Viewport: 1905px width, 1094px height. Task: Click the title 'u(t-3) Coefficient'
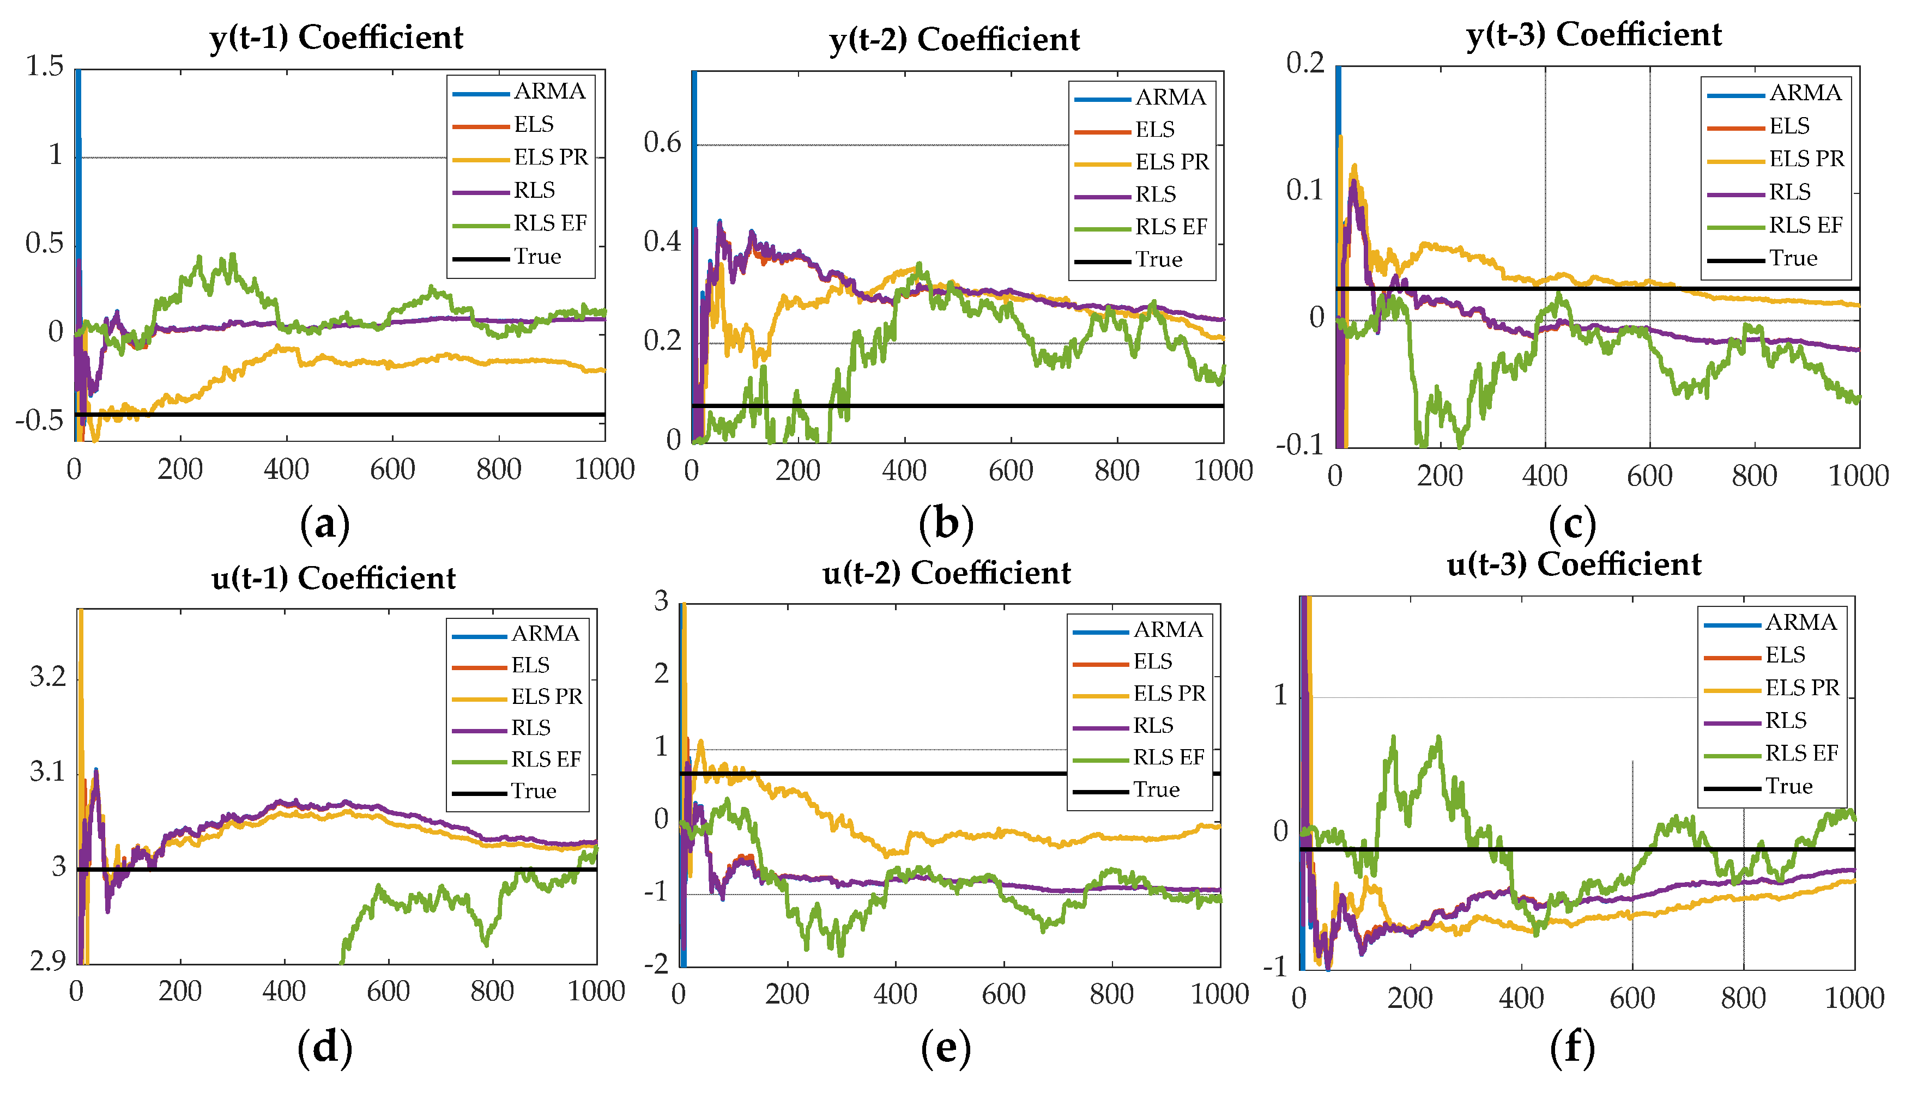pos(1574,564)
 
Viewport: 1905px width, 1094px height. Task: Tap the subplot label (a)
pos(325,524)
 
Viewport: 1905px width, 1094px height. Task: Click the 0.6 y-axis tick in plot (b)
pos(662,143)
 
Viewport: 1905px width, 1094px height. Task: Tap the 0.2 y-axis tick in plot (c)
pos(1305,63)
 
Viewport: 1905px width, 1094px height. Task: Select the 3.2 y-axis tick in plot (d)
pos(48,677)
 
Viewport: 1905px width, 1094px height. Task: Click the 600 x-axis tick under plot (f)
pos(1631,999)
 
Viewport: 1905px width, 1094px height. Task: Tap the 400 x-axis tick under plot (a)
pos(286,470)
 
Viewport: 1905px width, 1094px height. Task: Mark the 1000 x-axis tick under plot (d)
pos(596,992)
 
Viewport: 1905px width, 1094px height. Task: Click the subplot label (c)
pos(1572,524)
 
